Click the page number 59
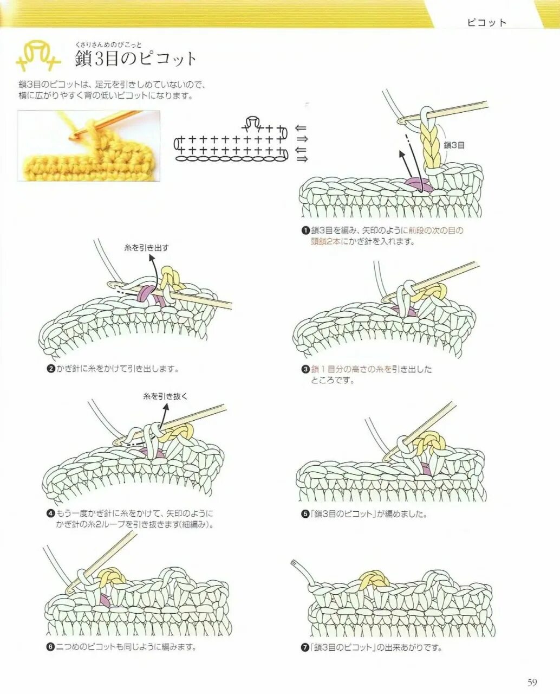pos(532,682)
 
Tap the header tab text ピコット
pos(487,23)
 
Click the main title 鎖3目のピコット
pos(136,59)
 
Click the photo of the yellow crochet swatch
pos(89,145)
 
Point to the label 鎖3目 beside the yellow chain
pos(454,145)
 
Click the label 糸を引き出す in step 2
pos(146,248)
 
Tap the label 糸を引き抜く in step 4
pos(165,396)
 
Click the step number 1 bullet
pos(306,230)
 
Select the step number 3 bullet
pos(306,370)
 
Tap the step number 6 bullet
pos(50,647)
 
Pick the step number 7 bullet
pos(306,647)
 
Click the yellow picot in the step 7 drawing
pos(373,580)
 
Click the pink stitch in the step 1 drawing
pos(418,185)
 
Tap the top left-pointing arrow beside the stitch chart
pos(301,128)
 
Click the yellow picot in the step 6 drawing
pos(112,576)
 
